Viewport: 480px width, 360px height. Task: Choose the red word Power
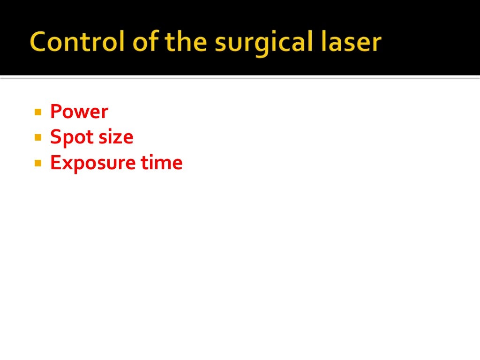(x=79, y=112)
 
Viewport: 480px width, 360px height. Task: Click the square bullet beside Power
(x=38, y=112)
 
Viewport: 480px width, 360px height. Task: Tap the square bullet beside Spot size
(x=38, y=138)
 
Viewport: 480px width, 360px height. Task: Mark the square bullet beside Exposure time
(x=38, y=164)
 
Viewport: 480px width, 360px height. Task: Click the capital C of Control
(x=39, y=43)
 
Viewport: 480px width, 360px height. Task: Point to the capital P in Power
(x=55, y=112)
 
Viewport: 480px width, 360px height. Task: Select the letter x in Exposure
(x=63, y=164)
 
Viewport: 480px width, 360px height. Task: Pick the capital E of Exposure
(x=55, y=163)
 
